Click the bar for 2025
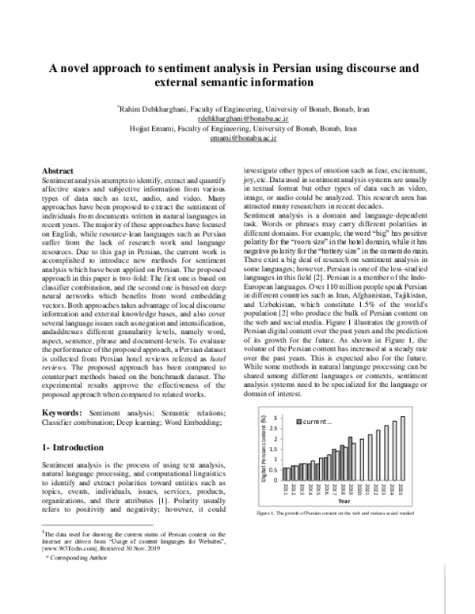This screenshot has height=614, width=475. (x=403, y=448)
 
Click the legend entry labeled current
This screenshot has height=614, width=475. (x=313, y=422)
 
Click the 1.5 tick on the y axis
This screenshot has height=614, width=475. (x=275, y=449)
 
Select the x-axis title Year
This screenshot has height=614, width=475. (x=344, y=501)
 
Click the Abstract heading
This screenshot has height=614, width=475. (x=57, y=171)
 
